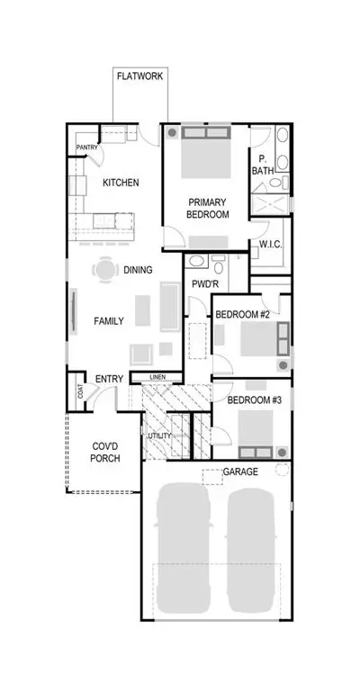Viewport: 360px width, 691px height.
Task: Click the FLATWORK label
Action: (139, 76)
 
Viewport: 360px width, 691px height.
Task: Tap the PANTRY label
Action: (86, 148)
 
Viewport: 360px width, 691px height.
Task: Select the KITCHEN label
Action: (121, 183)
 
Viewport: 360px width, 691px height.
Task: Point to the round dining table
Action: (105, 269)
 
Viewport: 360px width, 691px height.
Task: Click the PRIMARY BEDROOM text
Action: (208, 209)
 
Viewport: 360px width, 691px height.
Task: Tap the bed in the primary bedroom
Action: (206, 152)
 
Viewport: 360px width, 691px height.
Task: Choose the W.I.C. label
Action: (271, 245)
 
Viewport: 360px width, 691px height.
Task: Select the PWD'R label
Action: (205, 284)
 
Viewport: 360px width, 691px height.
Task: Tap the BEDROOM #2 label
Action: (242, 315)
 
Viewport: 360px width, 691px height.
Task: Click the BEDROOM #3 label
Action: (254, 400)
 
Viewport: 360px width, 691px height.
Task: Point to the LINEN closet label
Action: (157, 377)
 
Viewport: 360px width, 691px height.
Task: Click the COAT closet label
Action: (81, 392)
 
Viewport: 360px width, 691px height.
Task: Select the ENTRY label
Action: (109, 379)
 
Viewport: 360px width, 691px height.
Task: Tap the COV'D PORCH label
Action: (105, 453)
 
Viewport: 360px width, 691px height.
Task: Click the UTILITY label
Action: (159, 435)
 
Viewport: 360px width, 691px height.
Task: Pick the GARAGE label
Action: (240, 472)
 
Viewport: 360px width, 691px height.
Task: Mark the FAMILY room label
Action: (109, 321)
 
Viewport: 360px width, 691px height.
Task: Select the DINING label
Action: (138, 270)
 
